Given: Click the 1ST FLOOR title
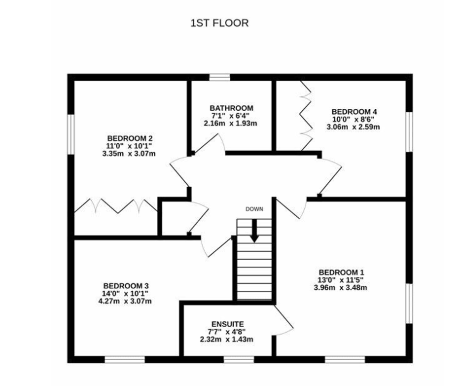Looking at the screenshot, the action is coord(219,23).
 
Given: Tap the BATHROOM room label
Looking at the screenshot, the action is coord(231,108).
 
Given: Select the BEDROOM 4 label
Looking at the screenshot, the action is coord(354,112).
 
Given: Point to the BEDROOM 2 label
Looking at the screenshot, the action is coord(130,138).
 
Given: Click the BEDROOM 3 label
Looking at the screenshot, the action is coord(126,286).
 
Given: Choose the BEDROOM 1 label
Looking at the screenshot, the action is coord(341,273).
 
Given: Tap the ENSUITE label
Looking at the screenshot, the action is coord(228,324).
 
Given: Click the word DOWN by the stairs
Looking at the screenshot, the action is coord(254,209).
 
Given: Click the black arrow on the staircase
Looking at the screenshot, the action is coord(254,231).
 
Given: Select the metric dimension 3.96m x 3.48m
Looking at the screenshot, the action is coord(340,288).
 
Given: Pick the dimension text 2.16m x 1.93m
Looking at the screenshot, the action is coord(230,123).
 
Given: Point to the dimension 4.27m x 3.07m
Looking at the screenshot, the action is coord(125,301).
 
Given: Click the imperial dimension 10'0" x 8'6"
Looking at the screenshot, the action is coord(353,119).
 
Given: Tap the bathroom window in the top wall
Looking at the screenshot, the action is coord(219,77).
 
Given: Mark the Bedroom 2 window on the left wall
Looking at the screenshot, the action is coord(71,134).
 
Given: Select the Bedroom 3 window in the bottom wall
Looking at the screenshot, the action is coord(125,360).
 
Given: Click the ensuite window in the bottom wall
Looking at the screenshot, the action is coord(239,360).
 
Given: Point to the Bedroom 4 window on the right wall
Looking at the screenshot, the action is coord(409,132).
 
